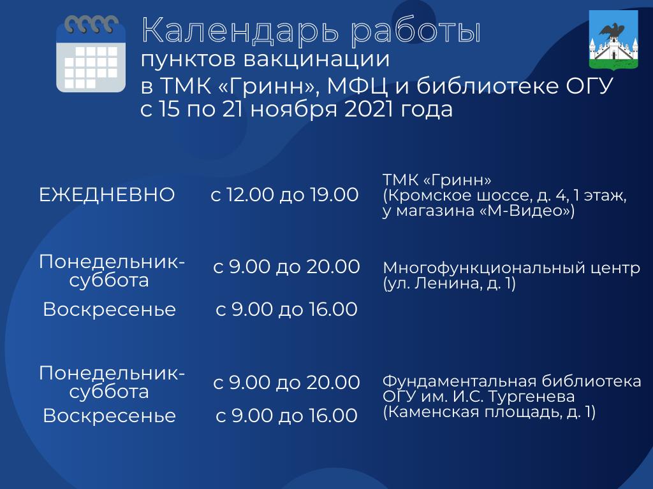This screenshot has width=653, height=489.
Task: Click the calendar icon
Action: tap(91, 53)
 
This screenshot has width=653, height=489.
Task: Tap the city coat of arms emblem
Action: tap(613, 40)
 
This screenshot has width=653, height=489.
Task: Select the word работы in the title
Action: tap(416, 31)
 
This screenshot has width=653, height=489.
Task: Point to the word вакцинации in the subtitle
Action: tap(316, 60)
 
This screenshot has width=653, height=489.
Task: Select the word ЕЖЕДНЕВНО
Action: tap(106, 195)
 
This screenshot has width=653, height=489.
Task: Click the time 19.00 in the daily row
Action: tap(334, 195)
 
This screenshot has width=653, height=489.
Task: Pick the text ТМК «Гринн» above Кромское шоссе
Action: tap(437, 180)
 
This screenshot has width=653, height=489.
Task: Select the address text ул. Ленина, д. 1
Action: tap(449, 284)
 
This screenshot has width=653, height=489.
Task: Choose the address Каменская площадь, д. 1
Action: tap(489, 413)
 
